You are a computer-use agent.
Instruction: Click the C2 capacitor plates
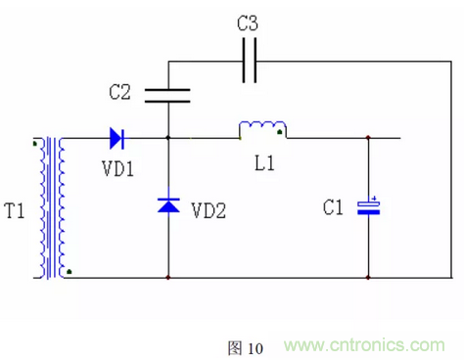point(168,95)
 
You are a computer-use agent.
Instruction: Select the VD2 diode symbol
point(168,206)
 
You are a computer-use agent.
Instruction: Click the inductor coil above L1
point(262,129)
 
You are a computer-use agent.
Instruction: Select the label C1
point(335,207)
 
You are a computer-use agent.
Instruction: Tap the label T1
point(16,209)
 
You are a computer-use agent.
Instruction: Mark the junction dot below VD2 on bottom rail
point(168,278)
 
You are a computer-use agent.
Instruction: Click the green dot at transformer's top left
point(36,145)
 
